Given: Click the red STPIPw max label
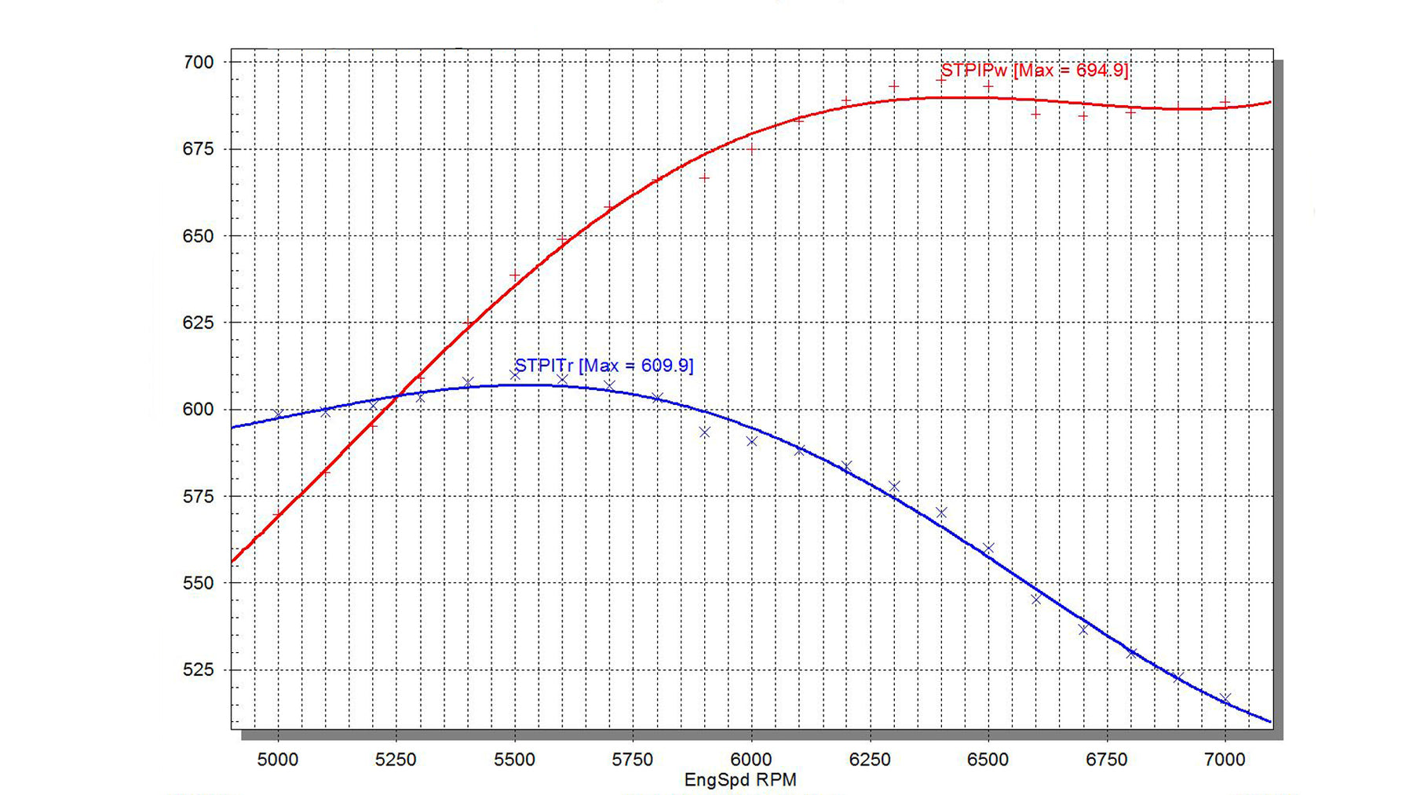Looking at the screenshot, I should click(1034, 71).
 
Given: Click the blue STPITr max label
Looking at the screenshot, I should click(604, 366).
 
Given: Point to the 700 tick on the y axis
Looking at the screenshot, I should click(198, 62).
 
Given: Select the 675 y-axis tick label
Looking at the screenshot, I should click(198, 149).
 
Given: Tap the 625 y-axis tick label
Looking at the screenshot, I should click(198, 323).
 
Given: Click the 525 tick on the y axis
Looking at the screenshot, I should click(198, 670).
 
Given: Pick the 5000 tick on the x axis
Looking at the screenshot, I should click(278, 760).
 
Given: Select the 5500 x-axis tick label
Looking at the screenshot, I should click(515, 760).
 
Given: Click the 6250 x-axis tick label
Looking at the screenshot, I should click(870, 760).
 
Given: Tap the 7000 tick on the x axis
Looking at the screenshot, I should click(1225, 760).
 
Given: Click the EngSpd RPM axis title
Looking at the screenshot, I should click(740, 780).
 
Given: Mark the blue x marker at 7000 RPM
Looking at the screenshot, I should click(1225, 698).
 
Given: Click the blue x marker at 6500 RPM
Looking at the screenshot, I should click(988, 548).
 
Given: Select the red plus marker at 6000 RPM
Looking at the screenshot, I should click(751, 148).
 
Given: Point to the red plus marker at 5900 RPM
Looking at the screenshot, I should click(704, 178).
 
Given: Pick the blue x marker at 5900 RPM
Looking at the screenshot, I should click(704, 432).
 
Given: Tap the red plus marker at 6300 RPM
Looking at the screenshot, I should click(893, 87).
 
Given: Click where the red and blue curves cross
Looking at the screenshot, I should click(399, 396).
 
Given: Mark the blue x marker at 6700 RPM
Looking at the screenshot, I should click(1083, 629).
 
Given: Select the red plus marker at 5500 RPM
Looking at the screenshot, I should click(515, 276).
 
